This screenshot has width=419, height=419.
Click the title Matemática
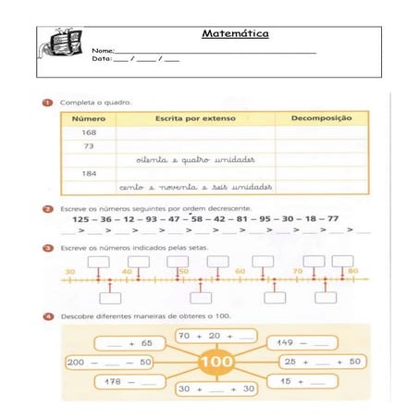point(235,35)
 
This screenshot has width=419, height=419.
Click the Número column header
point(89,119)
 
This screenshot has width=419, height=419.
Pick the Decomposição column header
point(321,119)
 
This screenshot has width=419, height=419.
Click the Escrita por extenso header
point(195,119)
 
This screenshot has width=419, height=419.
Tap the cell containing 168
point(89,132)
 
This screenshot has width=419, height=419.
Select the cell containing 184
point(89,173)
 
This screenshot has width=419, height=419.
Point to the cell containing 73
point(89,146)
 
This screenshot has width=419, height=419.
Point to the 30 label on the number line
point(69,271)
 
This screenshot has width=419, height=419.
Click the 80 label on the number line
point(352,271)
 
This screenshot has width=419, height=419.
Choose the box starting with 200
point(109,362)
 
